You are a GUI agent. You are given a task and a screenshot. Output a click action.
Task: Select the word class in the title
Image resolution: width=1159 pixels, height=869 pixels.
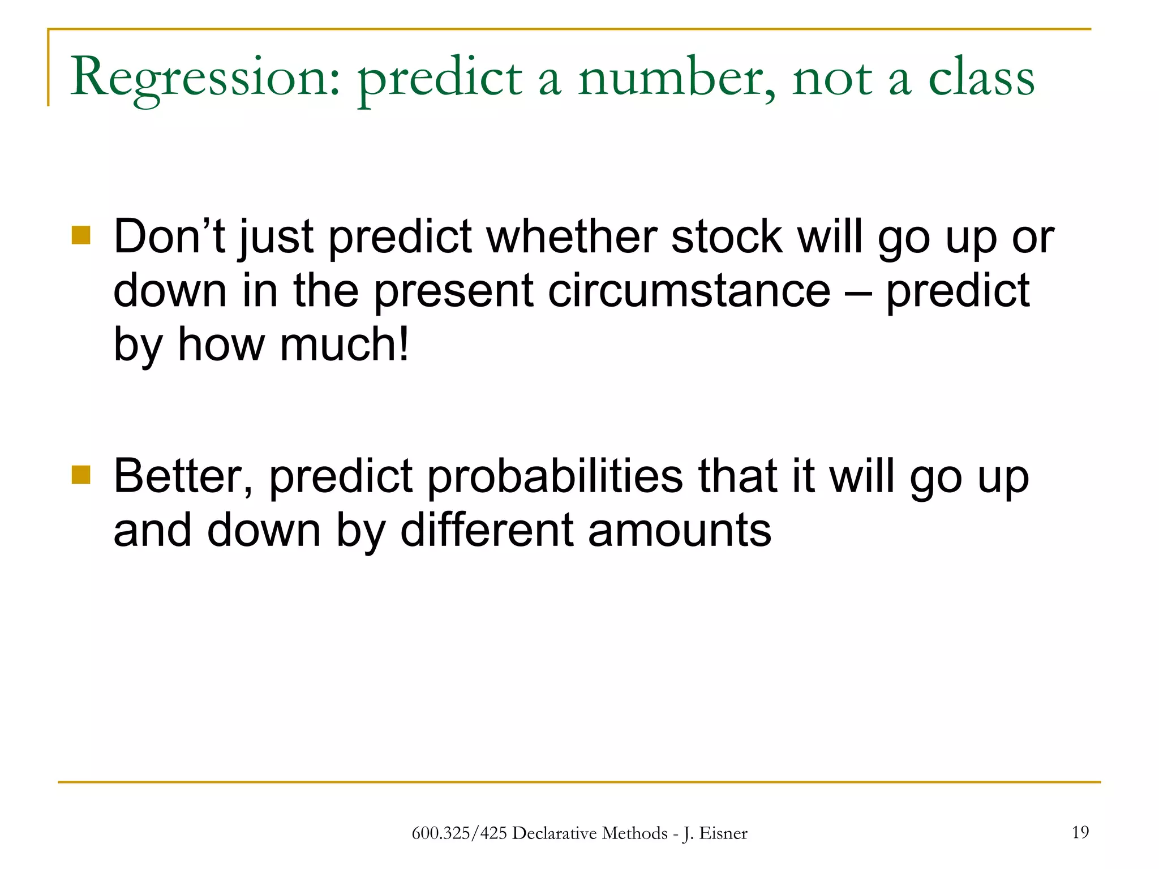point(981,78)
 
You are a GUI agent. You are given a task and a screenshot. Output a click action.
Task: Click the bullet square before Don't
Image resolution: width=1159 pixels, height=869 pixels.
point(81,235)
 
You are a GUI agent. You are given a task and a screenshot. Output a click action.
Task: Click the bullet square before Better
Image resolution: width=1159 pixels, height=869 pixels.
point(81,475)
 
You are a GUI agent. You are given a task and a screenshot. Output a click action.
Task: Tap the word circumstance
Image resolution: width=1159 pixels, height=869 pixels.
point(689,291)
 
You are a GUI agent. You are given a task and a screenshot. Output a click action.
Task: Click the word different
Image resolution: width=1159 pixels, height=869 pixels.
point(486,530)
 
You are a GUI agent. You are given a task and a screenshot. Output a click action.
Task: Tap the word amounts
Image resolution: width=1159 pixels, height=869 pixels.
point(679,530)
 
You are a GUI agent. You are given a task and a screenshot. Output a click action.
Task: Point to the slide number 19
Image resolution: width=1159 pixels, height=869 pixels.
point(1080,832)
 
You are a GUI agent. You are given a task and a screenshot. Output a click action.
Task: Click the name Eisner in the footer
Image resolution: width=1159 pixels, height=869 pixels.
point(723,833)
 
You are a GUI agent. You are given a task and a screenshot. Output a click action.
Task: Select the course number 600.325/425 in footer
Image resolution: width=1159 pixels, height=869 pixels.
point(459,833)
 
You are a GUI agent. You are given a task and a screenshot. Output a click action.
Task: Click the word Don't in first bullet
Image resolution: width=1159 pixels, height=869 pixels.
point(169,236)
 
